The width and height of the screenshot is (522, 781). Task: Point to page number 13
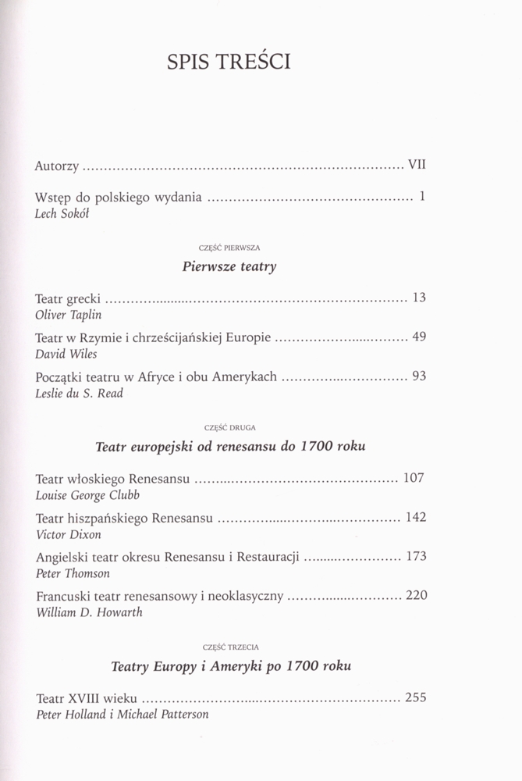pyautogui.click(x=417, y=298)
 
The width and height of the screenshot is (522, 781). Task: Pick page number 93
pyautogui.click(x=418, y=376)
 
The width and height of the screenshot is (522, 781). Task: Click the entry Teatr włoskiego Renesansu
pyautogui.click(x=112, y=479)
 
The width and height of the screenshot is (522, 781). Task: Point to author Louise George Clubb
pyautogui.click(x=86, y=495)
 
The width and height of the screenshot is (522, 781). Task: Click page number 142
pyautogui.click(x=414, y=518)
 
